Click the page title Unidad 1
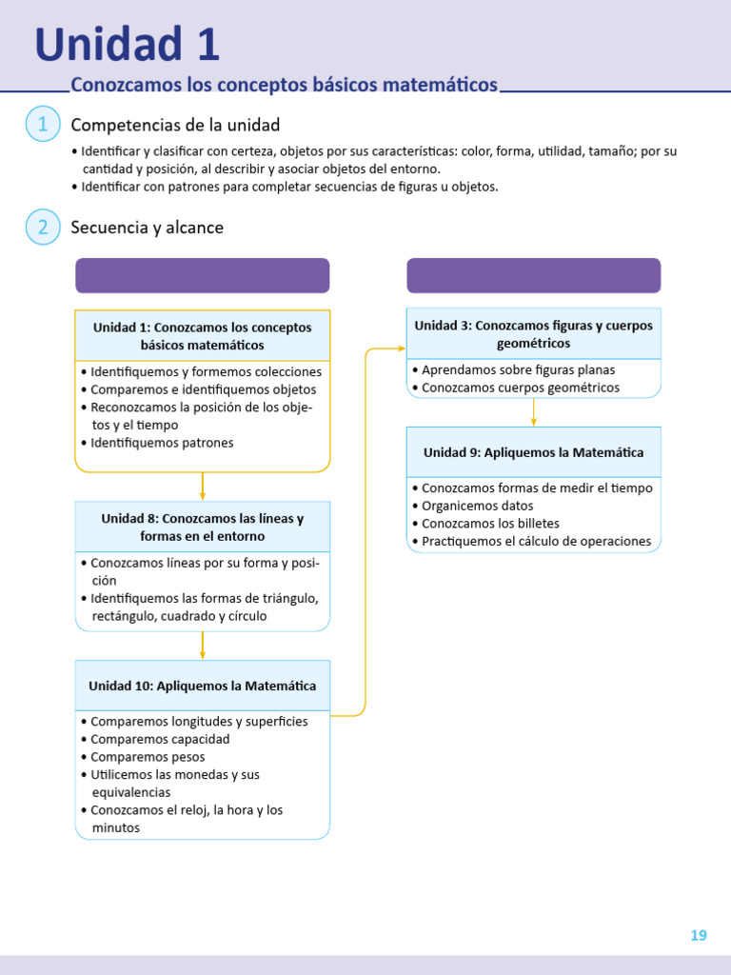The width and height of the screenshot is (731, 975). [127, 46]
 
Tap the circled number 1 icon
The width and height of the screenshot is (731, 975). [43, 125]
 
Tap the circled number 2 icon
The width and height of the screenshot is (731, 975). [43, 227]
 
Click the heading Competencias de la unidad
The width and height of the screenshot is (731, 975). [175, 126]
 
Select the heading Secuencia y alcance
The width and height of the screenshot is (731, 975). [148, 228]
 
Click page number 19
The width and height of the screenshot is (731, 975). [699, 935]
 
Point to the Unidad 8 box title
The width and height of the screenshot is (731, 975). [202, 527]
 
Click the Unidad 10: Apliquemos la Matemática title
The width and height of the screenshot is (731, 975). [202, 686]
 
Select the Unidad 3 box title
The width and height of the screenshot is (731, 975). [533, 333]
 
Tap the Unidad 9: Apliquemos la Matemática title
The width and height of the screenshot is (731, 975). [533, 452]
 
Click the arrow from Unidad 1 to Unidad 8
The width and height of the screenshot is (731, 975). [203, 487]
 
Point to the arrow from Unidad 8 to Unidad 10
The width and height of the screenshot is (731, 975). [203, 646]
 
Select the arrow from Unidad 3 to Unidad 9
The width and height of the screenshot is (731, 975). [533, 411]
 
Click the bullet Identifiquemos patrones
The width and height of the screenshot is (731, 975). [161, 443]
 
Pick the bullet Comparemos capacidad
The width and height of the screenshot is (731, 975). [159, 739]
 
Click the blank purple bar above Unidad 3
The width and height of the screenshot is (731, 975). [533, 275]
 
